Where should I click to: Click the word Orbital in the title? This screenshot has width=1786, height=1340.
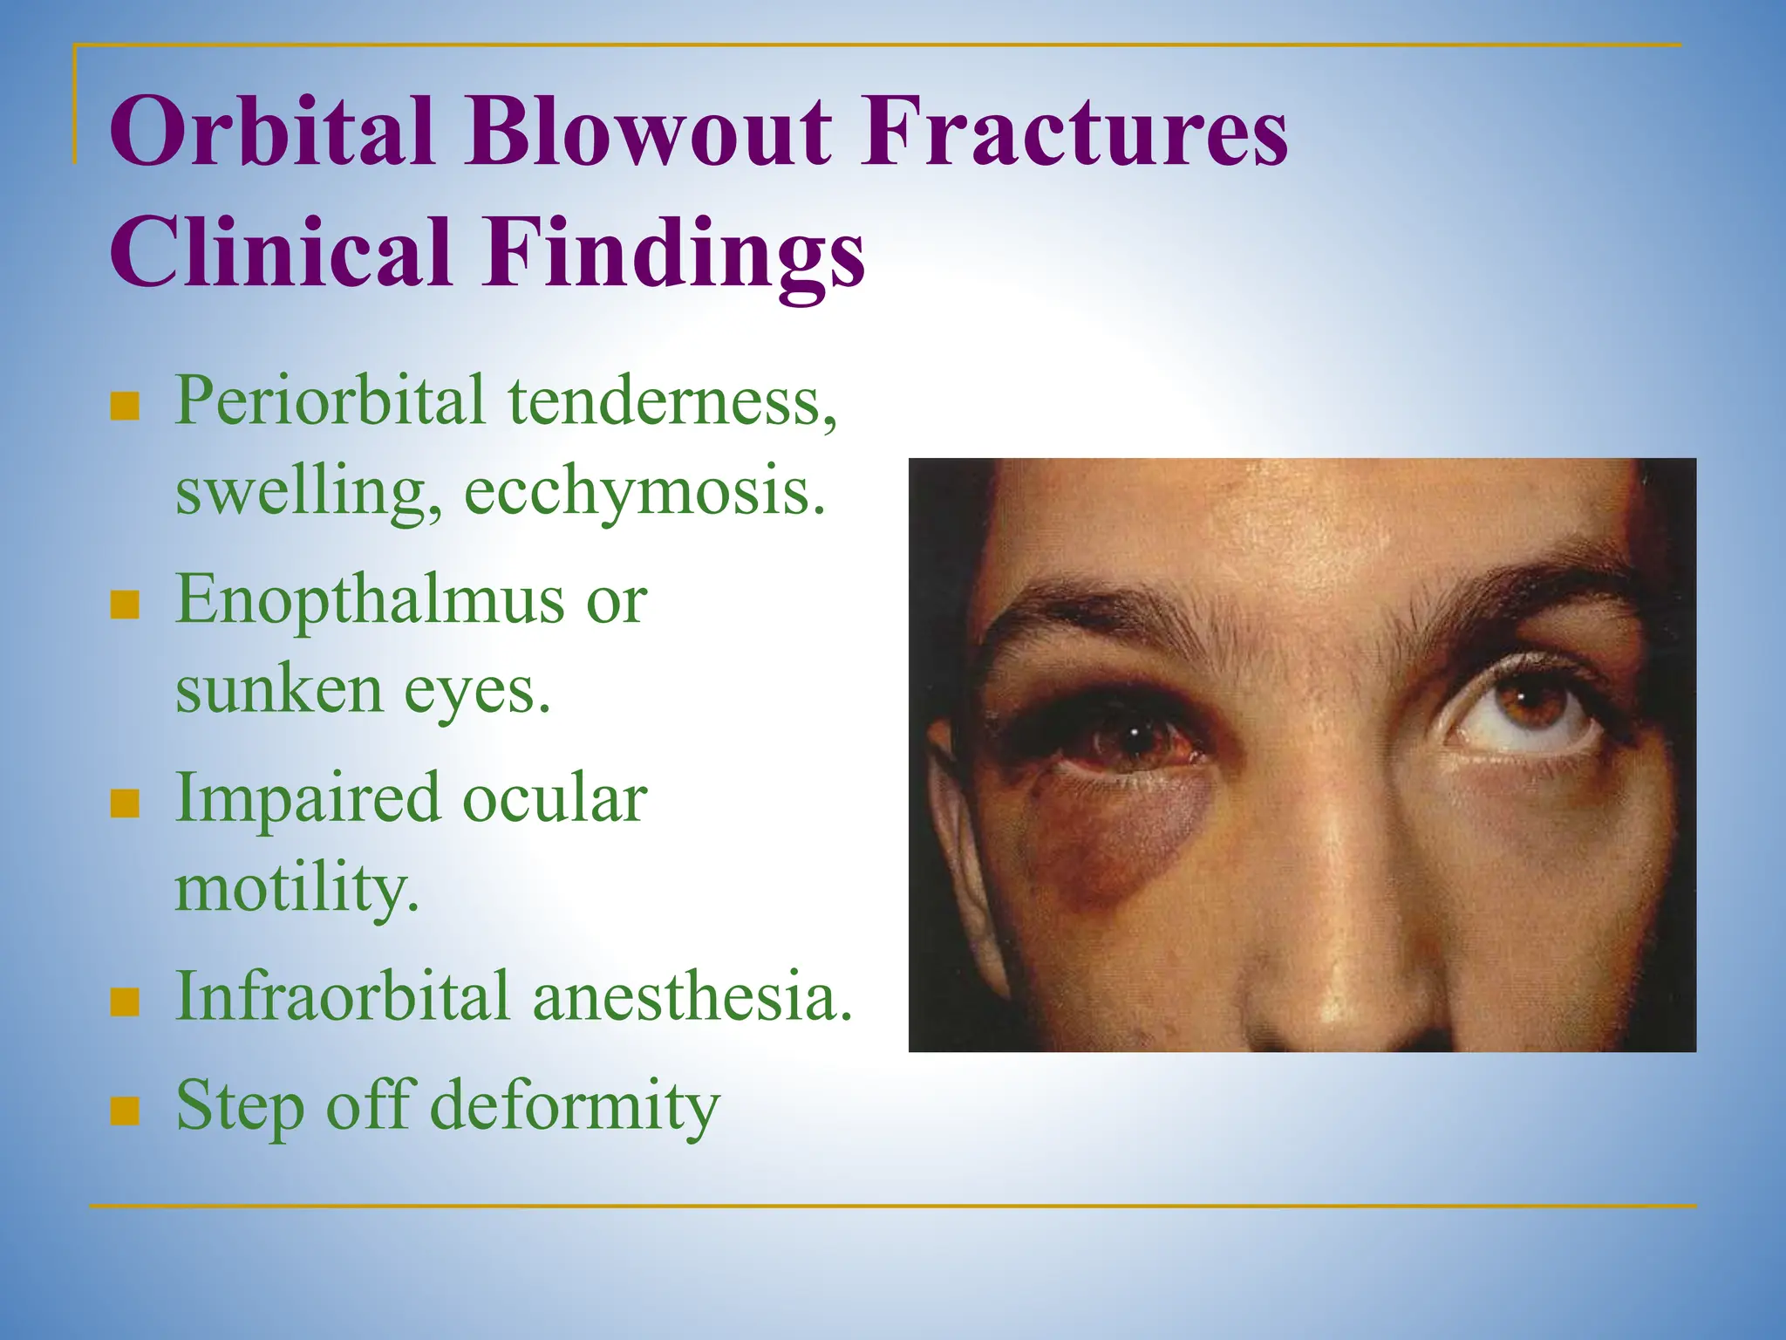click(x=272, y=133)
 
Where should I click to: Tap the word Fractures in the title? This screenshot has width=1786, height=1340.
click(x=1074, y=133)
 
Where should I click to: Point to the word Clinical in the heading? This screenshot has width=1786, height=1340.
click(x=281, y=253)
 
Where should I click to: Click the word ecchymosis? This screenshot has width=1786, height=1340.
click(x=644, y=494)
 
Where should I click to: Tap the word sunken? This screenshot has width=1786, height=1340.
click(x=279, y=691)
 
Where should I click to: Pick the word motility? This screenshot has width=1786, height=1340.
click(x=297, y=890)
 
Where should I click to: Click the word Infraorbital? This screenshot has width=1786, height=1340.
click(x=342, y=996)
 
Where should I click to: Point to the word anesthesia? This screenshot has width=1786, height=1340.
click(x=692, y=996)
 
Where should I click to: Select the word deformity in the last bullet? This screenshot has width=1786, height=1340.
click(x=576, y=1106)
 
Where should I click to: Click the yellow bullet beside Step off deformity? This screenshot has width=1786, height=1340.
click(x=126, y=1111)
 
